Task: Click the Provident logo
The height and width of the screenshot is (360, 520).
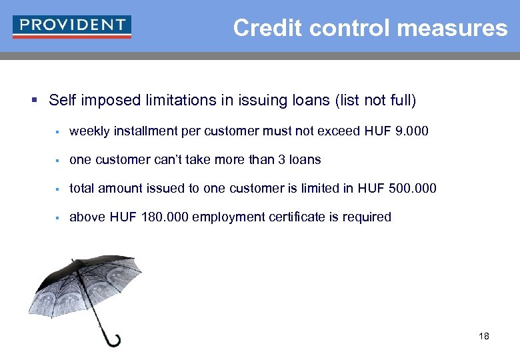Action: click(x=72, y=27)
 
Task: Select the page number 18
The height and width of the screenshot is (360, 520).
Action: click(x=483, y=336)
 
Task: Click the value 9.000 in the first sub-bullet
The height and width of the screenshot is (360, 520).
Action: click(x=412, y=131)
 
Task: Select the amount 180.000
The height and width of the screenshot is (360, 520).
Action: click(x=163, y=217)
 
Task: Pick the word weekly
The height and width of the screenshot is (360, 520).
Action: click(x=89, y=131)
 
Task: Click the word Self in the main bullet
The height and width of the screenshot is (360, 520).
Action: click(x=62, y=101)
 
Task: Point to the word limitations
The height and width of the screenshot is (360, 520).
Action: click(x=176, y=101)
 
